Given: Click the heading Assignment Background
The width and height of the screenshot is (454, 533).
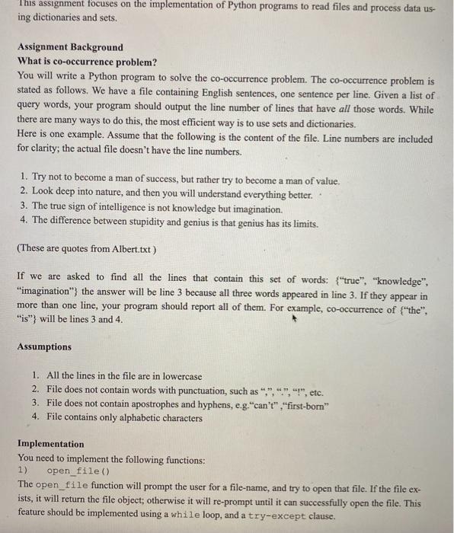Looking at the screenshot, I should coord(69,47).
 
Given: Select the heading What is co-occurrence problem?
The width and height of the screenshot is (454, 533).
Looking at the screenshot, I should coord(86,62).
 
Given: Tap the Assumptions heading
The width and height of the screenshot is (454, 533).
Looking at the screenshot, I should coord(44,346).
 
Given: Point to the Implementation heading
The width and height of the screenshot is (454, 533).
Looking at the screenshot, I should coord(51,444).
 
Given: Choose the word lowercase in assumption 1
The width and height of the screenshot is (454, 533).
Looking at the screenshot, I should coord(178,376).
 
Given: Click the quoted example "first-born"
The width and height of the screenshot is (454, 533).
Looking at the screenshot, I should coord(305,404).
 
